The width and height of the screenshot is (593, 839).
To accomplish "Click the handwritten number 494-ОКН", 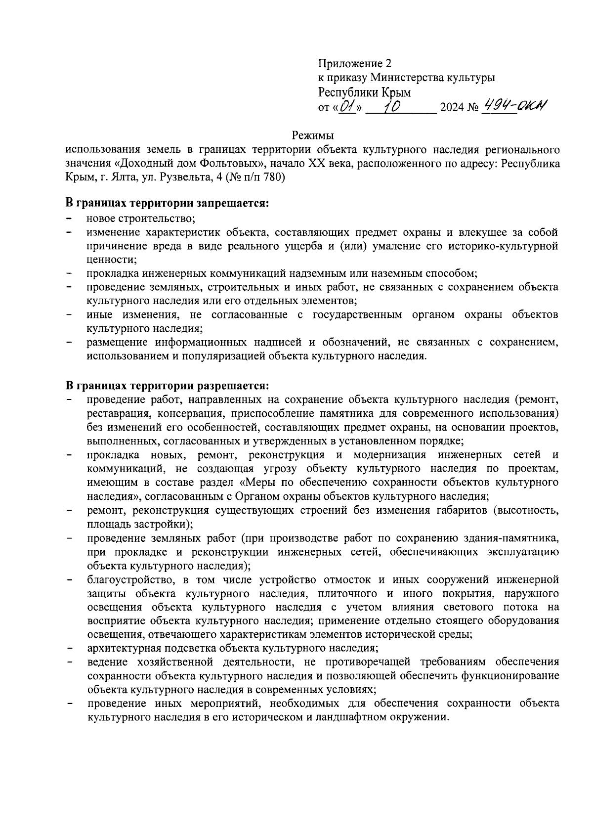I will point(515,105).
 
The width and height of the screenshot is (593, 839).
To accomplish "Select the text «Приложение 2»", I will point(355,64).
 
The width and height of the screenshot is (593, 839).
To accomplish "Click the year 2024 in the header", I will point(453,108).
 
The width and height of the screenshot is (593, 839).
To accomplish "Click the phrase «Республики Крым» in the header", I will point(365,92).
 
